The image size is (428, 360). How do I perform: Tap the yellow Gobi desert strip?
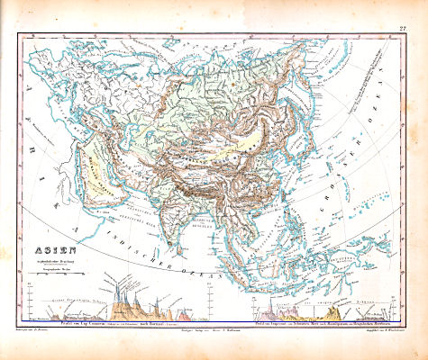pos(243,126)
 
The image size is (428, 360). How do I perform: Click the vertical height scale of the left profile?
pos(33,301)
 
